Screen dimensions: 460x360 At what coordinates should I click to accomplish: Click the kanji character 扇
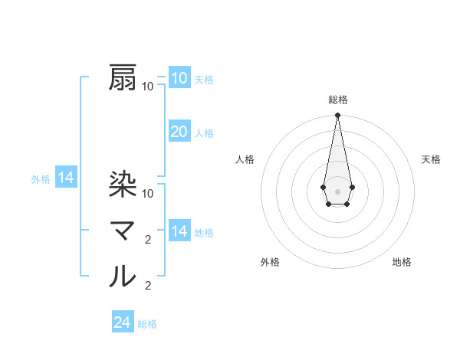point(123,78)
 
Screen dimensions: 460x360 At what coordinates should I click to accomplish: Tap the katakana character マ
point(123,231)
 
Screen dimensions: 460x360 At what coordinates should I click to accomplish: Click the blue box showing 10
point(179,78)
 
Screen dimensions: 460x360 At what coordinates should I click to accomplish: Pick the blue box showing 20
point(179,132)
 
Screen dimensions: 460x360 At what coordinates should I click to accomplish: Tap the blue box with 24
point(122,322)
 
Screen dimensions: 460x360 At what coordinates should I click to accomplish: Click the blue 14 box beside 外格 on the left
point(66,178)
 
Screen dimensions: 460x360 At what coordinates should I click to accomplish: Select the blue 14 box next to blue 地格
point(179,231)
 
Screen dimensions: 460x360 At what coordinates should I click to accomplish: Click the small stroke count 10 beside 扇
point(148,87)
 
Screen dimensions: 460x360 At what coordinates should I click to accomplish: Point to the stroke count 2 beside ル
point(148,286)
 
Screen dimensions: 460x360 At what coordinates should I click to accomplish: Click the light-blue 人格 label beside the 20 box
point(204,133)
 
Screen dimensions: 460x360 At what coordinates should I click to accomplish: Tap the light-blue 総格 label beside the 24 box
point(147,324)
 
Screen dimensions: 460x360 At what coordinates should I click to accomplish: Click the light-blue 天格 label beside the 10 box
point(204,80)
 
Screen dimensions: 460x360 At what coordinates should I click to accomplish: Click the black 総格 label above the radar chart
point(337,100)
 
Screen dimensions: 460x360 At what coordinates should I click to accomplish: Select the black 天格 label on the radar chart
point(431,159)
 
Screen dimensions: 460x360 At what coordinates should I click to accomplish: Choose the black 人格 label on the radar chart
point(245,159)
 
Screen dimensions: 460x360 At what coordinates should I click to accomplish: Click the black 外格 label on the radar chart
point(269,262)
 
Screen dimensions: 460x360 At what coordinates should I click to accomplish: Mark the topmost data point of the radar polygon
point(337,115)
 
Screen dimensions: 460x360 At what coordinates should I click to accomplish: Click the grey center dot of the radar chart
point(337,190)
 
